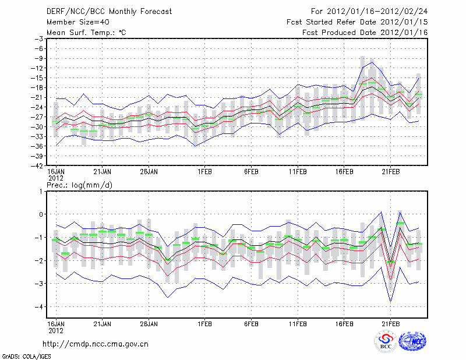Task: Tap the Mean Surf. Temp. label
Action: (86, 32)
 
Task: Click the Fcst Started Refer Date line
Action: (357, 22)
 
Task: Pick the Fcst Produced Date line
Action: (365, 32)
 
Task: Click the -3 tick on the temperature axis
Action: (40, 38)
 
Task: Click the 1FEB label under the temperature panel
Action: (204, 172)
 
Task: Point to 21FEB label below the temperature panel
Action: (391, 172)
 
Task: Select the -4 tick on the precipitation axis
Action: (40, 306)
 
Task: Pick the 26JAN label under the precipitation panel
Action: (149, 323)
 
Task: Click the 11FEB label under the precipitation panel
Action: (298, 323)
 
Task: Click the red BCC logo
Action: (386, 341)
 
